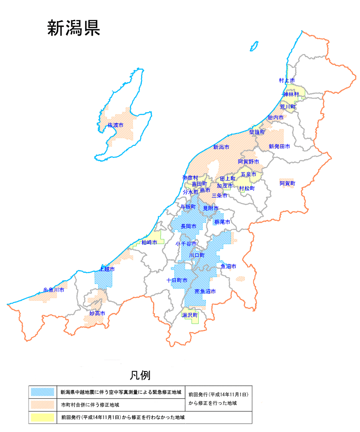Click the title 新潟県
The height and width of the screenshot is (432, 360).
[73, 28]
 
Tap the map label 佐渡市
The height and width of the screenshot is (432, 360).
[116, 125]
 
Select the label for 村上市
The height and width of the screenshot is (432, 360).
[287, 81]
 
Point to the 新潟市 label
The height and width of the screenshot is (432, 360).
[221, 147]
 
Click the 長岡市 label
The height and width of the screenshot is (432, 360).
[188, 226]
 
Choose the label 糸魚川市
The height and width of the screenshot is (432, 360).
[54, 290]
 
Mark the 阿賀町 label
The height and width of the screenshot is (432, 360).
[287, 184]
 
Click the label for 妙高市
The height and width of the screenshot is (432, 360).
[97, 314]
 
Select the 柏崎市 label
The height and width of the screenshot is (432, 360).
[149, 242]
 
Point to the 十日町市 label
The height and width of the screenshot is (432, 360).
[177, 280]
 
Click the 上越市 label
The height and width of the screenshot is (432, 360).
[107, 269]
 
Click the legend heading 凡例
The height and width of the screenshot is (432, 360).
[140, 375]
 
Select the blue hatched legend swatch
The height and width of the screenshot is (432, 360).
[42, 392]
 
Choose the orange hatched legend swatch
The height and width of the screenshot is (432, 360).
[42, 405]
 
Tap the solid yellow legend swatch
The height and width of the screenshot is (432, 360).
[42, 418]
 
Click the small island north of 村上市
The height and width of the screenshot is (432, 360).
[254, 46]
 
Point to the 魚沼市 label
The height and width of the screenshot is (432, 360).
[228, 267]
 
